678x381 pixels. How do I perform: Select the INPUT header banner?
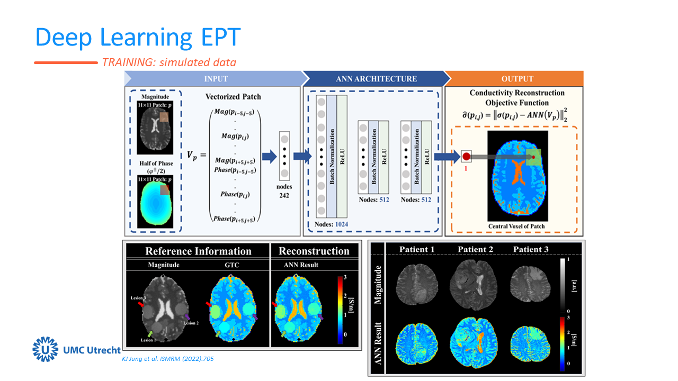(216, 79)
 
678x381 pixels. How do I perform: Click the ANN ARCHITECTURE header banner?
(376, 79)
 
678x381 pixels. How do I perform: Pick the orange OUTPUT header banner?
(517, 79)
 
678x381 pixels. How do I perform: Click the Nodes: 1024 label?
(331, 224)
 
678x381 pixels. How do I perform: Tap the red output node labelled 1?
(466, 157)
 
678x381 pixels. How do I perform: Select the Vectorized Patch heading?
(233, 97)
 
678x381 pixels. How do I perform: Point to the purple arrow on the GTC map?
(255, 316)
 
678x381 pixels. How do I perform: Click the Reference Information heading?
(198, 251)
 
